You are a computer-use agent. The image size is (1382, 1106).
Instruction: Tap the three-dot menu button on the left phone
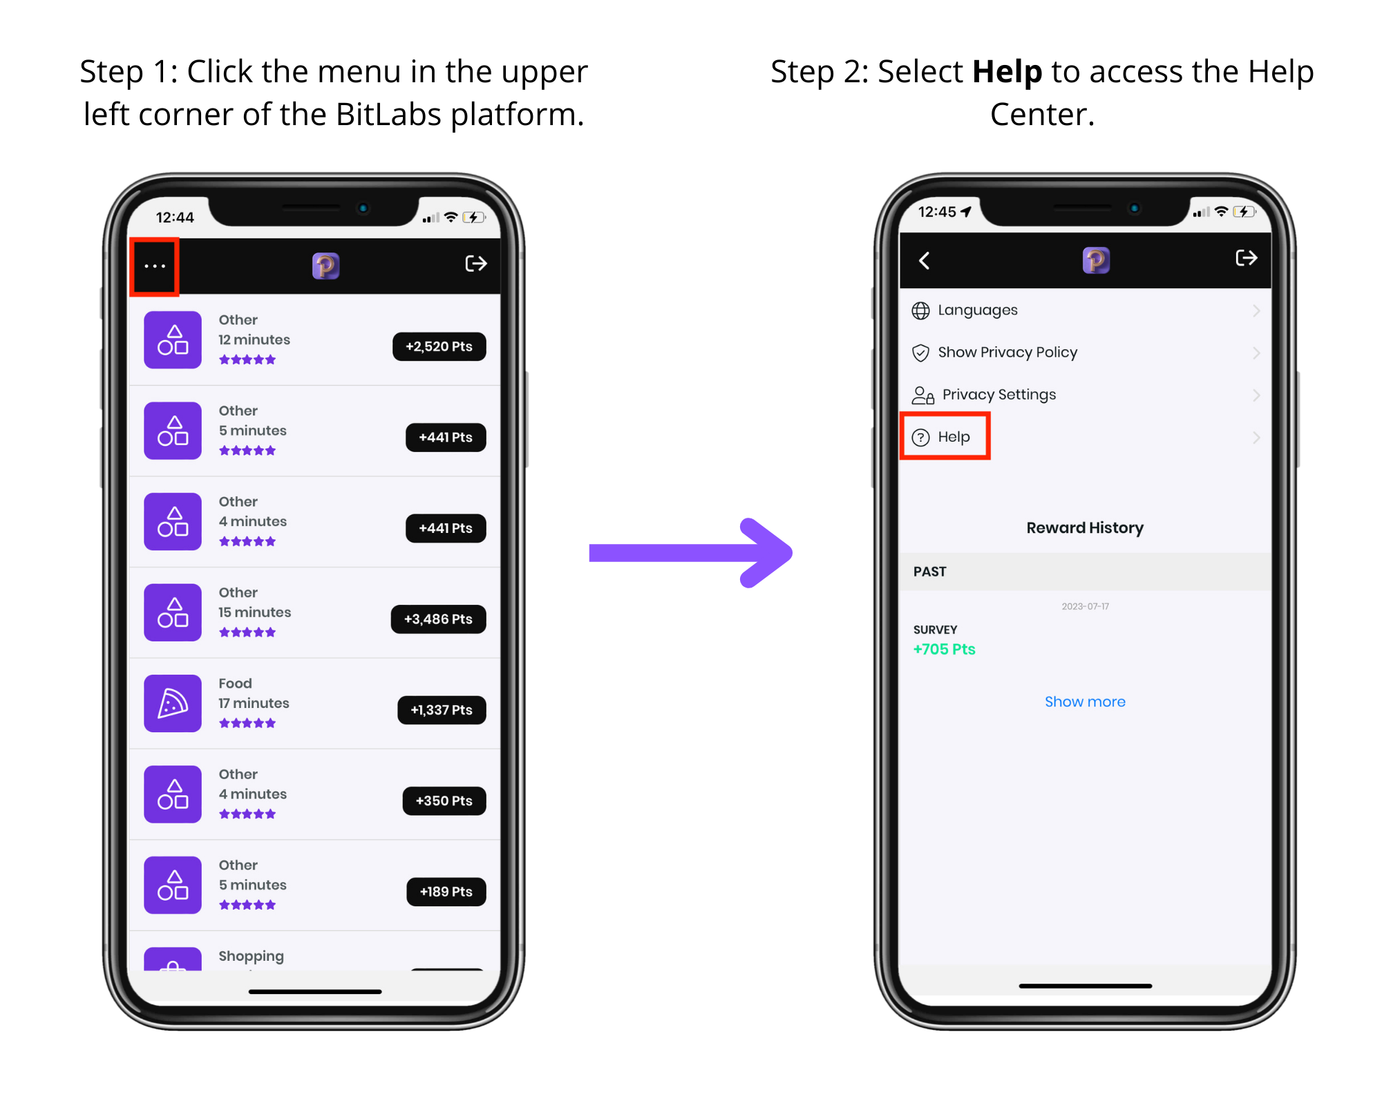(155, 266)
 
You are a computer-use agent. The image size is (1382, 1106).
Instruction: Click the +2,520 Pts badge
(439, 346)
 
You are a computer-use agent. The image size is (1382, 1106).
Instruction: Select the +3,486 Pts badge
(438, 619)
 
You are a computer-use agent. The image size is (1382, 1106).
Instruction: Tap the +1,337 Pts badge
(442, 710)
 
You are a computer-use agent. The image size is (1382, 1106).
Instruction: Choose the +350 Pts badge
(444, 800)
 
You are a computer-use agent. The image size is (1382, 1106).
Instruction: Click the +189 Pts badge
(446, 892)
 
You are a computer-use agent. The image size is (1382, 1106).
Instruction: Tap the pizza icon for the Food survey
(173, 703)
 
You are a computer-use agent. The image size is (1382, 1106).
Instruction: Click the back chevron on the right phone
(924, 261)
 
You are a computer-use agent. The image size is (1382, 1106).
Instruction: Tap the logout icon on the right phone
(1247, 258)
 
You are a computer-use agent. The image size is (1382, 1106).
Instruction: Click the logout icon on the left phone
(476, 263)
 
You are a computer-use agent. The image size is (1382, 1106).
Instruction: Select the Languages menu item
(977, 310)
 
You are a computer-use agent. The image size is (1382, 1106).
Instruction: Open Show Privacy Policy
(1007, 353)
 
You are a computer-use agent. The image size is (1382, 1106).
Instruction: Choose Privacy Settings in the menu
(998, 395)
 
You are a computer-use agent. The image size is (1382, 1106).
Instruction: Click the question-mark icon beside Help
(921, 438)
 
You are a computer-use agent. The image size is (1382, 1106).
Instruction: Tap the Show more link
(1085, 702)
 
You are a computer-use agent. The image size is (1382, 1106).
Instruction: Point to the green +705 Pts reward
(944, 649)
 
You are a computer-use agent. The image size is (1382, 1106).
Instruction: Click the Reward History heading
(1085, 528)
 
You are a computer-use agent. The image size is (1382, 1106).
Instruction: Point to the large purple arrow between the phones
(691, 553)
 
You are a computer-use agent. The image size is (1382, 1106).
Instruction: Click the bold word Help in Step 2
(1007, 72)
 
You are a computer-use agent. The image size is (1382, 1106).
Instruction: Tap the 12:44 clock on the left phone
(175, 218)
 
